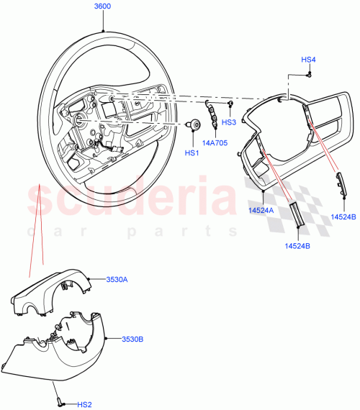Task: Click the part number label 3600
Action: tap(104, 6)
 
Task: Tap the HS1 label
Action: tap(192, 152)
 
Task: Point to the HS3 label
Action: tap(229, 122)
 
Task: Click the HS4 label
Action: tap(308, 59)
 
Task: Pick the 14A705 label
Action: tap(214, 142)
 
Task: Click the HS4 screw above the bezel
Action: tap(308, 73)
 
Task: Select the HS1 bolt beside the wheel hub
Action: tap(194, 125)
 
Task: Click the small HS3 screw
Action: tap(230, 104)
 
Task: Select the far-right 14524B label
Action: tap(343, 215)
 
